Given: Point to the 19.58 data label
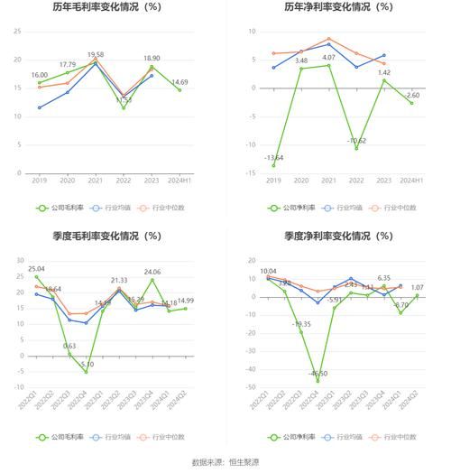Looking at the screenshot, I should tap(96, 55).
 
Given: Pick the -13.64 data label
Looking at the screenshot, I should tap(272, 158).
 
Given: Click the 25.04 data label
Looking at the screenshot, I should tap(36, 269).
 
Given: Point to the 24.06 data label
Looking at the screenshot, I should tap(152, 272).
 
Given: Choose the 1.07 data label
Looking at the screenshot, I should tap(417, 288).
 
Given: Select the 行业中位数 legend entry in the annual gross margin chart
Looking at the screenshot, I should tap(165, 207).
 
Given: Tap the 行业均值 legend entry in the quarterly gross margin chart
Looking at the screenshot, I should tap(115, 436).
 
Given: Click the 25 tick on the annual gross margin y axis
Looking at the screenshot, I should tap(17, 31).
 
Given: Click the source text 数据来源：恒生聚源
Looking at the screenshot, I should tap(225, 462).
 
